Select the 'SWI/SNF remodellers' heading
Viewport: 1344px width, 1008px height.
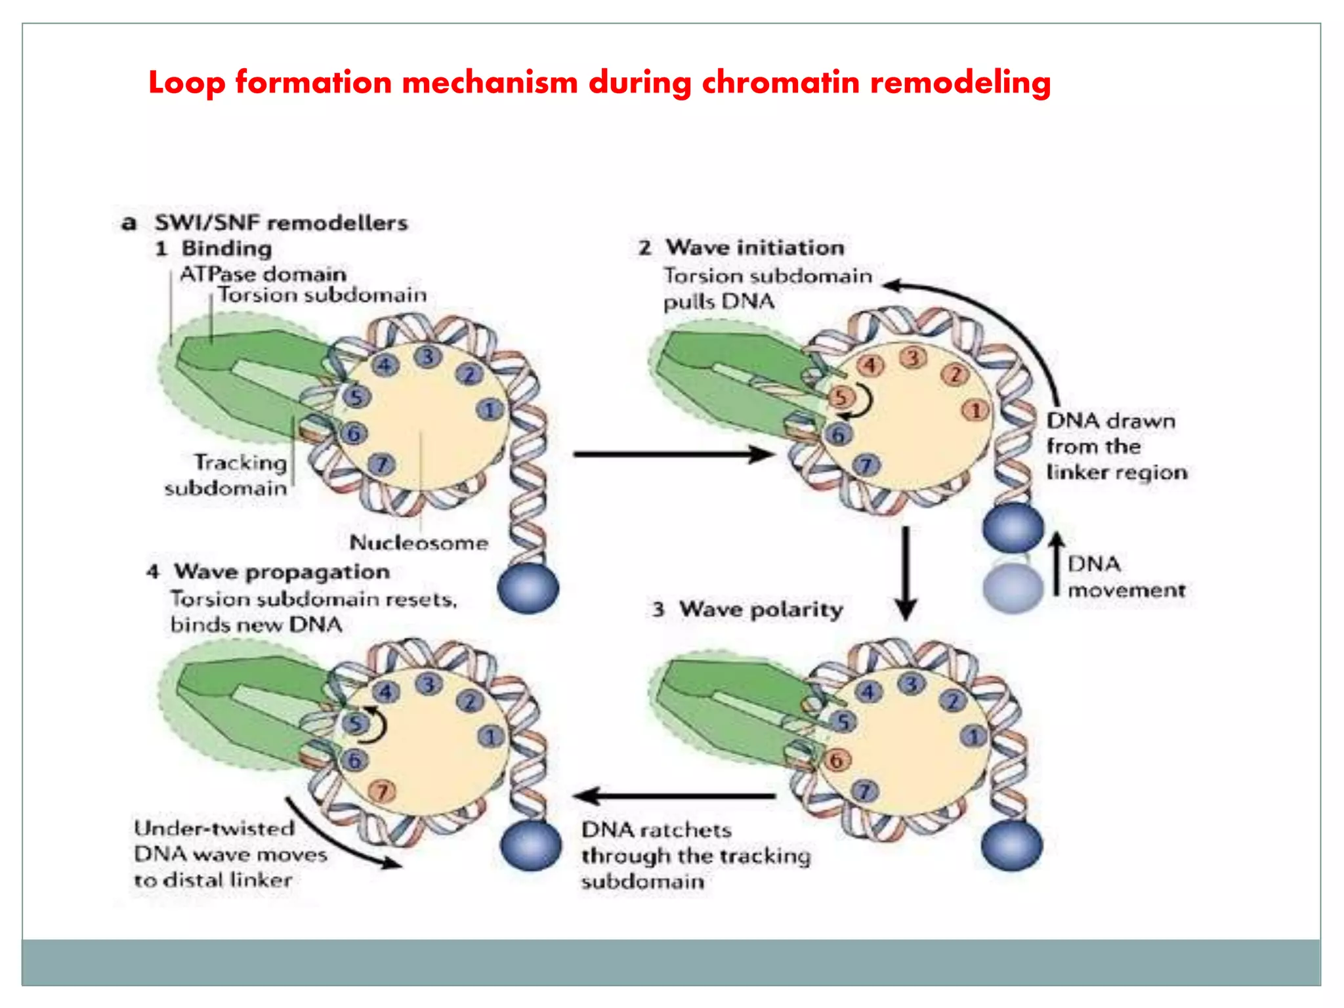tap(281, 223)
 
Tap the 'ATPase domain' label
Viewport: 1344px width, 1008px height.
tap(262, 274)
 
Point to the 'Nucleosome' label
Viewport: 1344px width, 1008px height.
tap(419, 543)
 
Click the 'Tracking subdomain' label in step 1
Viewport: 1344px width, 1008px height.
tap(227, 475)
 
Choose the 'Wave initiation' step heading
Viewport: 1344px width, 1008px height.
tap(755, 247)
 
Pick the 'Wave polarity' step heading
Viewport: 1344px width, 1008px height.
tap(761, 609)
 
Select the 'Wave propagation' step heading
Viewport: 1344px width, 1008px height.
tap(282, 572)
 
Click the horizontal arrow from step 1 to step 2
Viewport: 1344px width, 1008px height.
tap(673, 454)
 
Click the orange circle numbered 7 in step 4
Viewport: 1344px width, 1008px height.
tap(382, 791)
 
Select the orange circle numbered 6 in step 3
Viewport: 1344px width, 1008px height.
tap(836, 761)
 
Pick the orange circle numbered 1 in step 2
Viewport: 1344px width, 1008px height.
tap(975, 411)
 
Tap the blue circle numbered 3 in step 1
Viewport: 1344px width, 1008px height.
tap(427, 357)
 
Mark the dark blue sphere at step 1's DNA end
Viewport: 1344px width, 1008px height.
tap(528, 589)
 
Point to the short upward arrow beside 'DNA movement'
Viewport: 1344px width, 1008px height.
tap(1056, 563)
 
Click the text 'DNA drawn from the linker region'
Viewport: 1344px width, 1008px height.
tap(1116, 446)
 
